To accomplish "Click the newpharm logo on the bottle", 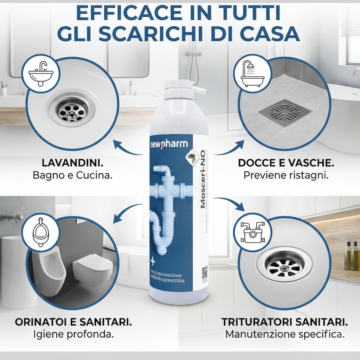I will (x=169, y=144).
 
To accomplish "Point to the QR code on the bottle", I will (x=205, y=272).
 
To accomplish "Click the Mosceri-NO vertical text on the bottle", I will (x=203, y=183).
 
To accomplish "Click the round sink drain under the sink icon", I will (x=72, y=110).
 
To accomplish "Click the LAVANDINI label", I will (x=72, y=163).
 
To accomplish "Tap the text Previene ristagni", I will (x=286, y=175).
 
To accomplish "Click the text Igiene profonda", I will (x=73, y=334).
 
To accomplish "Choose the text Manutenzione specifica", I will (x=285, y=334).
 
